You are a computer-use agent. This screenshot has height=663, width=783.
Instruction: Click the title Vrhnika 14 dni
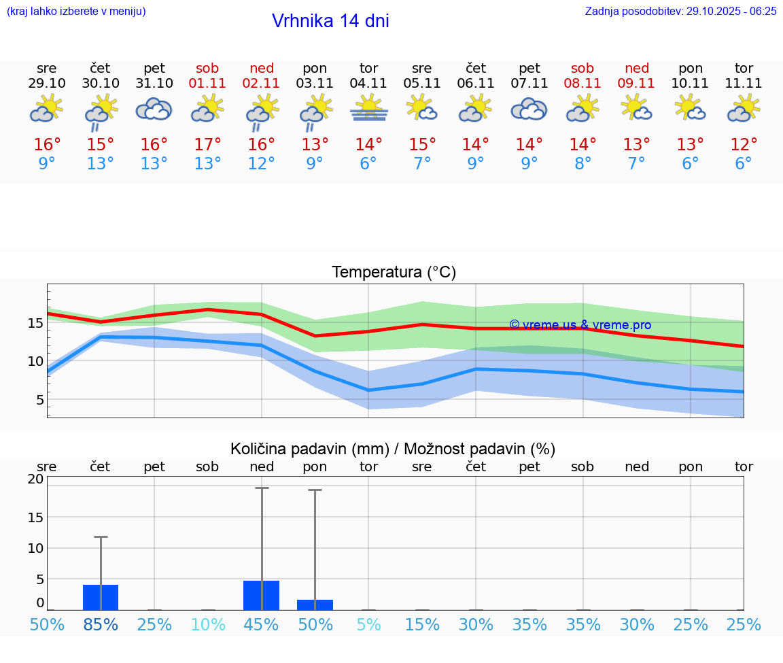pos(330,21)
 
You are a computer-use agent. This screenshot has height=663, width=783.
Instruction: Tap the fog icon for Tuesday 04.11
pos(368,108)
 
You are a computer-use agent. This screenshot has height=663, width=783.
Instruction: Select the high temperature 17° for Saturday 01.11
pos(208,144)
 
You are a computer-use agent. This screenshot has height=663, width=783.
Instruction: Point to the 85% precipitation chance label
pos(101,624)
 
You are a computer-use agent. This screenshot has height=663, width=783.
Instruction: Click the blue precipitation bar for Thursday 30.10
pos(101,597)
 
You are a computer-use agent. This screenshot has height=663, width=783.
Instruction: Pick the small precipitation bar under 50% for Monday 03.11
pos(315,605)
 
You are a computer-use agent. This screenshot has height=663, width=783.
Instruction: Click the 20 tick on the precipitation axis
pos(35,479)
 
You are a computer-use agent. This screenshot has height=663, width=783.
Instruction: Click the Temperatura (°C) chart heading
pos(394,272)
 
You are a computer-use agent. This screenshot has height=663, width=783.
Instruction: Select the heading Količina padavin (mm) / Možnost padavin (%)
pos(393,449)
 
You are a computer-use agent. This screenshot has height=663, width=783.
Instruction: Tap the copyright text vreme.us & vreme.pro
pos(580,325)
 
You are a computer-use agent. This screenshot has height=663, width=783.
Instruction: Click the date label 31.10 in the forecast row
pos(154,83)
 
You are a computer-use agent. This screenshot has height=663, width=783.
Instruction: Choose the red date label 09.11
pos(636,83)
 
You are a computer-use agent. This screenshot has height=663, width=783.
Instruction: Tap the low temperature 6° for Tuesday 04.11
pos(368,164)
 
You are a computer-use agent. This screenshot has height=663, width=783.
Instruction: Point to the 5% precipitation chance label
pos(368,624)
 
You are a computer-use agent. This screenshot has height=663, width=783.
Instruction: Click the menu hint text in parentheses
pos(76,11)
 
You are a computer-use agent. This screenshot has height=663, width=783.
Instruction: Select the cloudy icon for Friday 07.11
pos(529,109)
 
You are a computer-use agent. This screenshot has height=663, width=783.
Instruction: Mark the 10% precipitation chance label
pos(208,624)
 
